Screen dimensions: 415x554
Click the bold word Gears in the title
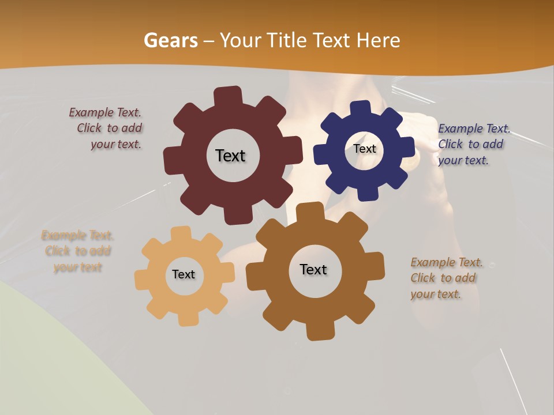[x=171, y=40]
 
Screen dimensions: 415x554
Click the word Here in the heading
[x=379, y=40]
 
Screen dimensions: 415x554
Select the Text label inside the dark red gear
[x=230, y=156]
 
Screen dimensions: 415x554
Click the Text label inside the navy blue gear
[x=365, y=149]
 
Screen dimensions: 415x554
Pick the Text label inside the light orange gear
[x=184, y=274]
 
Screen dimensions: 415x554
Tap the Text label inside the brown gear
[x=313, y=269]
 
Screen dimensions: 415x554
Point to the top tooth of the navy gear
[x=361, y=108]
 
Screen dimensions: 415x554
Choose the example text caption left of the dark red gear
[x=107, y=129]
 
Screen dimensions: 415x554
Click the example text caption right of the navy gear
[x=473, y=144]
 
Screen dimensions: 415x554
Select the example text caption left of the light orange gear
[x=77, y=251]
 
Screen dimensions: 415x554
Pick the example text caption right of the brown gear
[x=444, y=278]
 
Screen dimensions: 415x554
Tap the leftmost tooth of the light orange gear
[x=141, y=279]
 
